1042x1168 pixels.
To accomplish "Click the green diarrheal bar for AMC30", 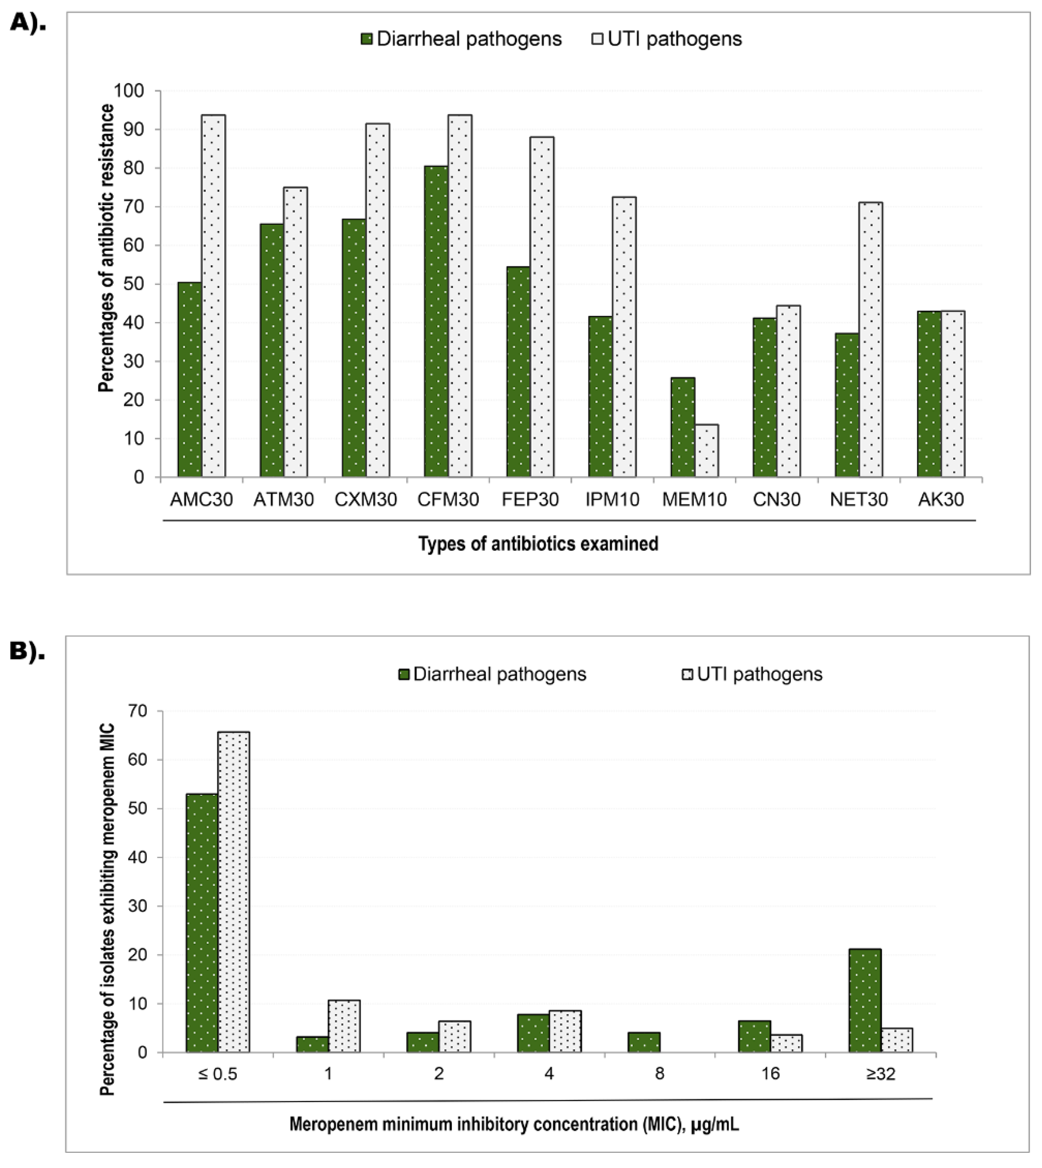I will click(x=190, y=380).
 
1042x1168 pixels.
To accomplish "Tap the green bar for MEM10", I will click(x=682, y=427).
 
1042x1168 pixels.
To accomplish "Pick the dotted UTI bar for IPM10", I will click(x=624, y=336).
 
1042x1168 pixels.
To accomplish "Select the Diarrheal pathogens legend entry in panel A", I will click(x=461, y=39).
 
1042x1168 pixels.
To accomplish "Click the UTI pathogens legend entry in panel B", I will click(x=752, y=674).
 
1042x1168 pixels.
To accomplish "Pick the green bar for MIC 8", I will click(x=643, y=1042).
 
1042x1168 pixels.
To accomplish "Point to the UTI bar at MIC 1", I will click(x=344, y=1026).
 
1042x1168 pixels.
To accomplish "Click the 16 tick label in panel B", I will click(x=770, y=1074).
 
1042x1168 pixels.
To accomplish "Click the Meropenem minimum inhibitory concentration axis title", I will click(x=514, y=1124).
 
